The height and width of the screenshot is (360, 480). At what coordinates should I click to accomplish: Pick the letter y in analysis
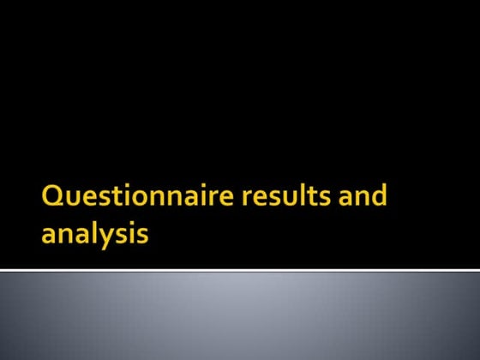pos(107,236)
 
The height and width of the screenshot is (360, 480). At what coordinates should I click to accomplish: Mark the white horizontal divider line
pos(240,270)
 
